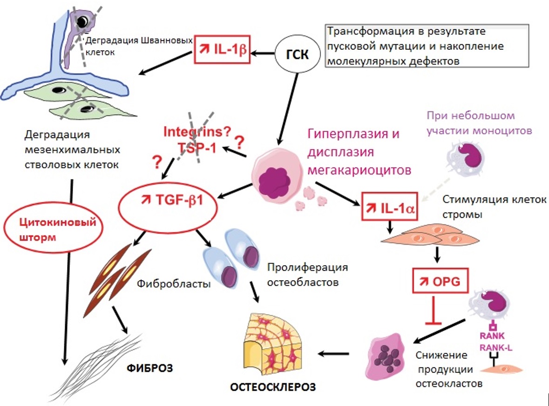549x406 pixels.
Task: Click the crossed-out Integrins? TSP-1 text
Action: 197,139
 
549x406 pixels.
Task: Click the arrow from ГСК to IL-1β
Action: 264,53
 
